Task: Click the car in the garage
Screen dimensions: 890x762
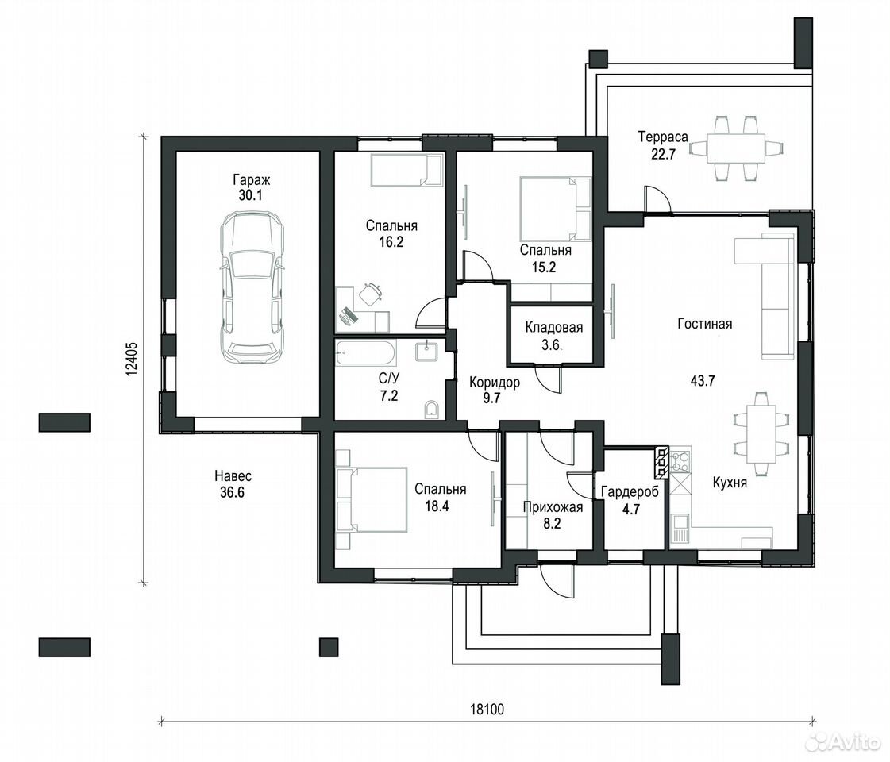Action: [x=252, y=288]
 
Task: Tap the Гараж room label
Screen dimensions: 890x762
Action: [x=252, y=180]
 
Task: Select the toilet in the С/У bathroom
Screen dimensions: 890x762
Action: [x=431, y=409]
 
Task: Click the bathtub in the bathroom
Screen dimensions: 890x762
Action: [x=366, y=353]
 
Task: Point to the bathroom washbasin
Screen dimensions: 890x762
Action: [x=426, y=351]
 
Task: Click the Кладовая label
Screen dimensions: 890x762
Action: [x=554, y=327]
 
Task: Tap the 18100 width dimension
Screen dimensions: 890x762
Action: [x=487, y=709]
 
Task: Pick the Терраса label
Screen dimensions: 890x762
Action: [x=663, y=137]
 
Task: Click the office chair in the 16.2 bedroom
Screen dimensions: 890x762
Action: [x=370, y=294]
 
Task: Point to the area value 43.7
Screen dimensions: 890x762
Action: [x=703, y=381]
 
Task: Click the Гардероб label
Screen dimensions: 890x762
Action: [x=630, y=492]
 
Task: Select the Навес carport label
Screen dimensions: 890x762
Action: [x=233, y=476]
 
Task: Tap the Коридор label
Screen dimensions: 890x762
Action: [x=495, y=383]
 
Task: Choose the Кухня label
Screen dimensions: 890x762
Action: [x=730, y=483]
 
